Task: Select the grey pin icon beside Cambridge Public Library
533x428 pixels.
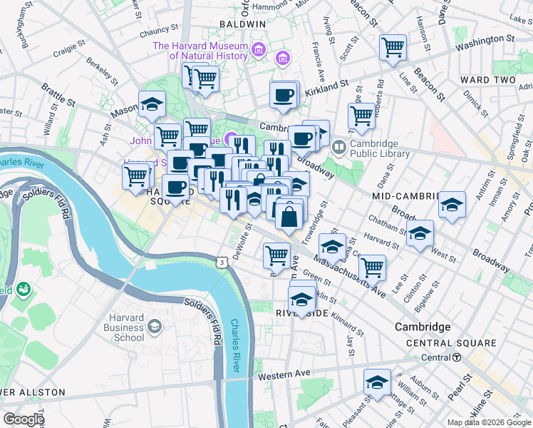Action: pos(338,148)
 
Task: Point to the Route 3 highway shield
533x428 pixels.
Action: pos(223,263)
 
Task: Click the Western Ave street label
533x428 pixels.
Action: pos(284,374)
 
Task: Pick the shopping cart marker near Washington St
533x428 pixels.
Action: pos(393,48)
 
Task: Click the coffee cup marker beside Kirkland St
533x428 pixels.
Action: pos(284,95)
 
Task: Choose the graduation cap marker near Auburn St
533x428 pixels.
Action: pos(377,382)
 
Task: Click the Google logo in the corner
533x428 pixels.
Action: pos(24,419)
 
